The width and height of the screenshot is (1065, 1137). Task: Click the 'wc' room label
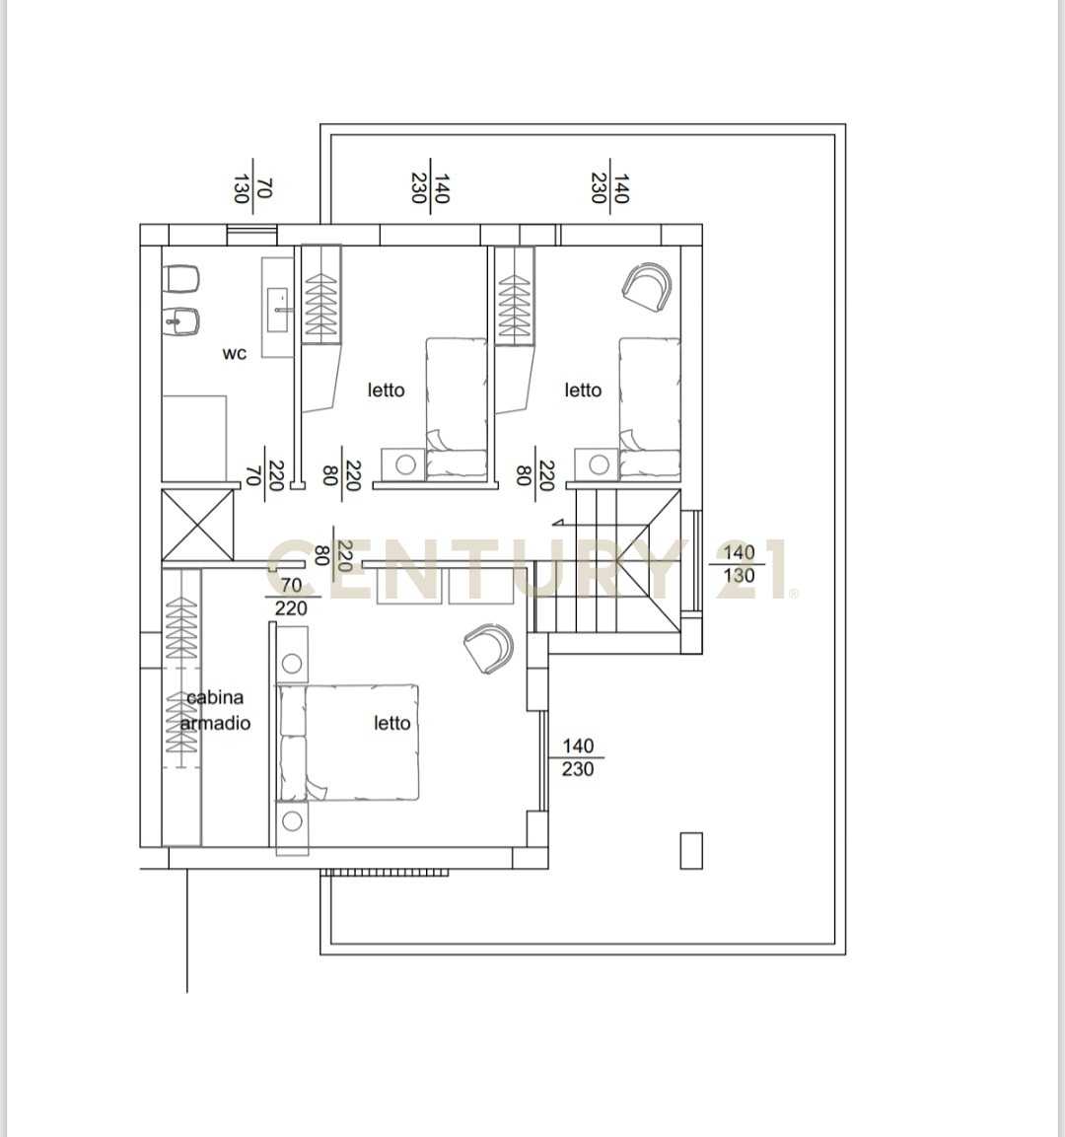(234, 353)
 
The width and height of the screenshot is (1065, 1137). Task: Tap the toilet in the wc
(181, 279)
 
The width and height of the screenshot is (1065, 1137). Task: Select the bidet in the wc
(181, 321)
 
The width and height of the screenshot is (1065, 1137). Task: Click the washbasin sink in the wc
(278, 310)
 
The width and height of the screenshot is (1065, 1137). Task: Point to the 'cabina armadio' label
(215, 710)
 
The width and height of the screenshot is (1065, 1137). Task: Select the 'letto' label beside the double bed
(392, 723)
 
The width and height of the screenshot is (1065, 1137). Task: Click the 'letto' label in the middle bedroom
(386, 391)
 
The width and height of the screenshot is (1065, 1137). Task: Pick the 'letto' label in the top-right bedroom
(583, 391)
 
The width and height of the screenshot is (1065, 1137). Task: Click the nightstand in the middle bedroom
(405, 463)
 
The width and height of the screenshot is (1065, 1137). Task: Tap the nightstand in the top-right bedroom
(598, 463)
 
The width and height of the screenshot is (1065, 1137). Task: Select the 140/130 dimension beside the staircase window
(738, 564)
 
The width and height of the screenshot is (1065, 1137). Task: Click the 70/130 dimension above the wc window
(252, 187)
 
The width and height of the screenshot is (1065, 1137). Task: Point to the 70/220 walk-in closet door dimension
(291, 596)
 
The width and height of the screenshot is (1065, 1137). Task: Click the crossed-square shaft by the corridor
(198, 525)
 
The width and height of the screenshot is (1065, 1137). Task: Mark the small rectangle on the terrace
(691, 850)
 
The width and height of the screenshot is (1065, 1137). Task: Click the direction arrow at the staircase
(558, 522)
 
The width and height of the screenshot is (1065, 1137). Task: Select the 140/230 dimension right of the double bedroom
(577, 757)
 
